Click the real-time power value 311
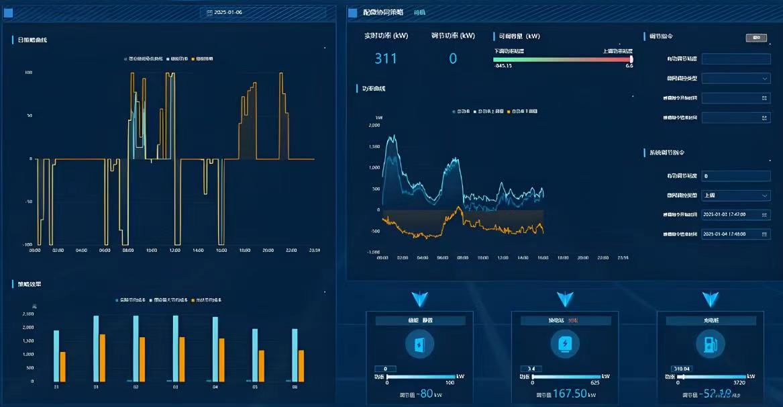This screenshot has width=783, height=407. tap(385, 59)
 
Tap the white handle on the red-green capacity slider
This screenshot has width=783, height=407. tap(631, 59)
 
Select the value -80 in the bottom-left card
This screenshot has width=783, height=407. tap(425, 394)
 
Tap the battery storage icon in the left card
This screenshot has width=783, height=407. tap(419, 345)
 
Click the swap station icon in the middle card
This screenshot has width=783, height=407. tap(564, 345)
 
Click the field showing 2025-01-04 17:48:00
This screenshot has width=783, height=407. tap(735, 234)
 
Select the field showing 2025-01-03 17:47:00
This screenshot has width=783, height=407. tap(735, 215)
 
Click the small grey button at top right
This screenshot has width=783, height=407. tap(755, 38)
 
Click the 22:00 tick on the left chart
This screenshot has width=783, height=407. tap(291, 250)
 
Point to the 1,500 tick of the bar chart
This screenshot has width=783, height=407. tap(28, 341)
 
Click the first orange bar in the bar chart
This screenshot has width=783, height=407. tap(63, 367)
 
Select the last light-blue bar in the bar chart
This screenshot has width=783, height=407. tap(295, 355)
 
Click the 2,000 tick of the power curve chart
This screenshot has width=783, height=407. tap(374, 126)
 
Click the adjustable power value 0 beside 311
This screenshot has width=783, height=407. tap(453, 59)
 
